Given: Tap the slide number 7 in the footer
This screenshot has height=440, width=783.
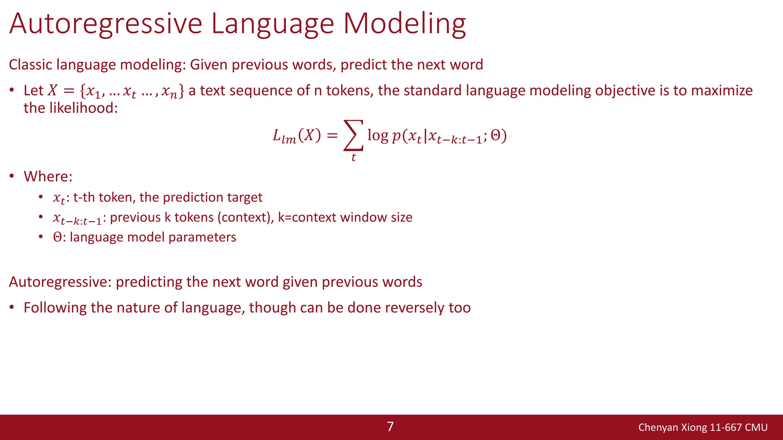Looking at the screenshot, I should pyautogui.click(x=390, y=427).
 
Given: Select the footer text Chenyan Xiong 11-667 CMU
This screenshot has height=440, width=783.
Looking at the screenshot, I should pyautogui.click(x=703, y=427).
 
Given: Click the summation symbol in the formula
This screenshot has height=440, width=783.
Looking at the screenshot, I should pyautogui.click(x=353, y=135).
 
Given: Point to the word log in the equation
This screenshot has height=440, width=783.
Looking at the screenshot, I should pyautogui.click(x=378, y=135).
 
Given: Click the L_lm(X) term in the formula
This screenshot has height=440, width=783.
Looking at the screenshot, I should pyautogui.click(x=297, y=136).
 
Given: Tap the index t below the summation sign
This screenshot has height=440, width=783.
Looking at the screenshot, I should pyautogui.click(x=354, y=157).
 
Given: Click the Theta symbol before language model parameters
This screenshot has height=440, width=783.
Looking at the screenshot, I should pyautogui.click(x=57, y=237).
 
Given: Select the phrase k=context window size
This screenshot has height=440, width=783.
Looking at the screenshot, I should pyautogui.click(x=345, y=217).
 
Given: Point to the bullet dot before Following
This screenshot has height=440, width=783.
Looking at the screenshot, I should pyautogui.click(x=12, y=307).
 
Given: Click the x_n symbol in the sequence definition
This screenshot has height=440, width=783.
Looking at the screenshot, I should pyautogui.click(x=169, y=92).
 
